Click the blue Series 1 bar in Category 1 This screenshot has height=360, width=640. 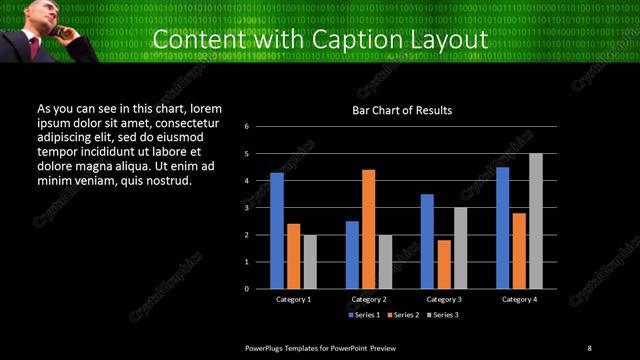[277, 230]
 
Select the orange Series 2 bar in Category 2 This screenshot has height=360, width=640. [369, 229]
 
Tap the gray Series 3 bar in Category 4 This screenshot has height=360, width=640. [536, 221]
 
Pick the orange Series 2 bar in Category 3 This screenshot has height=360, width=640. [444, 264]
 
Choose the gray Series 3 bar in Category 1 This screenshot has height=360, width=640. [310, 262]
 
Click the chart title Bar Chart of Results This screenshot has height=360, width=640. [402, 110]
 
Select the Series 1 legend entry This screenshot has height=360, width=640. [363, 315]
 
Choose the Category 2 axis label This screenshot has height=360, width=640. [369, 299]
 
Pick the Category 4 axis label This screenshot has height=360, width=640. [519, 299]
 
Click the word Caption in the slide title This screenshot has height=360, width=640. [359, 40]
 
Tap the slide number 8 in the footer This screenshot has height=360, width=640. [589, 347]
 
